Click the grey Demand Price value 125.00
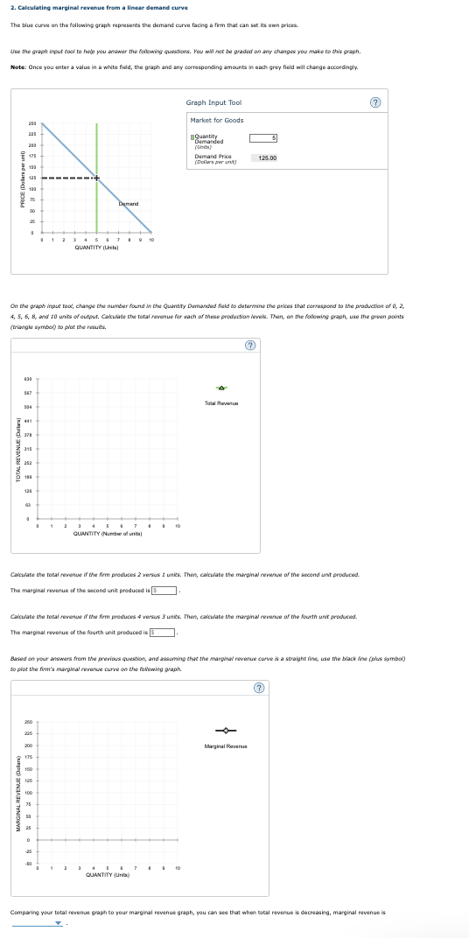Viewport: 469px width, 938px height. tap(264, 157)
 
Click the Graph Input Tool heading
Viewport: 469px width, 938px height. tap(213, 102)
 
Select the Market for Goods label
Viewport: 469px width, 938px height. tap(217, 120)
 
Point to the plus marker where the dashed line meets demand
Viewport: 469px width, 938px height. tap(97, 178)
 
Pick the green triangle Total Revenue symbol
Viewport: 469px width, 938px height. tap(222, 388)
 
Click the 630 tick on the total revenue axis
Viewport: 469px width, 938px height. tap(29, 380)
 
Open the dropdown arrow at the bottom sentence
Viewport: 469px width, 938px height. tap(59, 923)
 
